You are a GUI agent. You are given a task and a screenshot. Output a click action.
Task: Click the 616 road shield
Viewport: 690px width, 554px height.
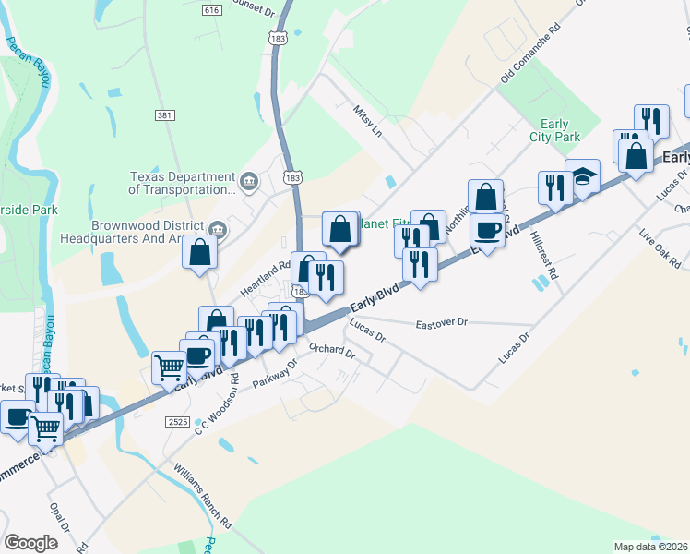tap(212, 10)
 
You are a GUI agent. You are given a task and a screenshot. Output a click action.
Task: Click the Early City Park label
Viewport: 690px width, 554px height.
tap(554, 130)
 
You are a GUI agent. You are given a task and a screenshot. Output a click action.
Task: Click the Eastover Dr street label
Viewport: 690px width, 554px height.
tap(443, 324)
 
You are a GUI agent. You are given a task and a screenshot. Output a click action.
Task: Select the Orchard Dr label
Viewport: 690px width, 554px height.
tap(332, 349)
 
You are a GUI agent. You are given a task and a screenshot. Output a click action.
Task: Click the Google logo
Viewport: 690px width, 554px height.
tap(30, 542)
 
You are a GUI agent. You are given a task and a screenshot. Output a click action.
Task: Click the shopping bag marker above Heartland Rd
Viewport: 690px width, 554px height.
tap(200, 251)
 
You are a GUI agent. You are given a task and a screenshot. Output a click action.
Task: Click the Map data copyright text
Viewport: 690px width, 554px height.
tap(651, 546)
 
